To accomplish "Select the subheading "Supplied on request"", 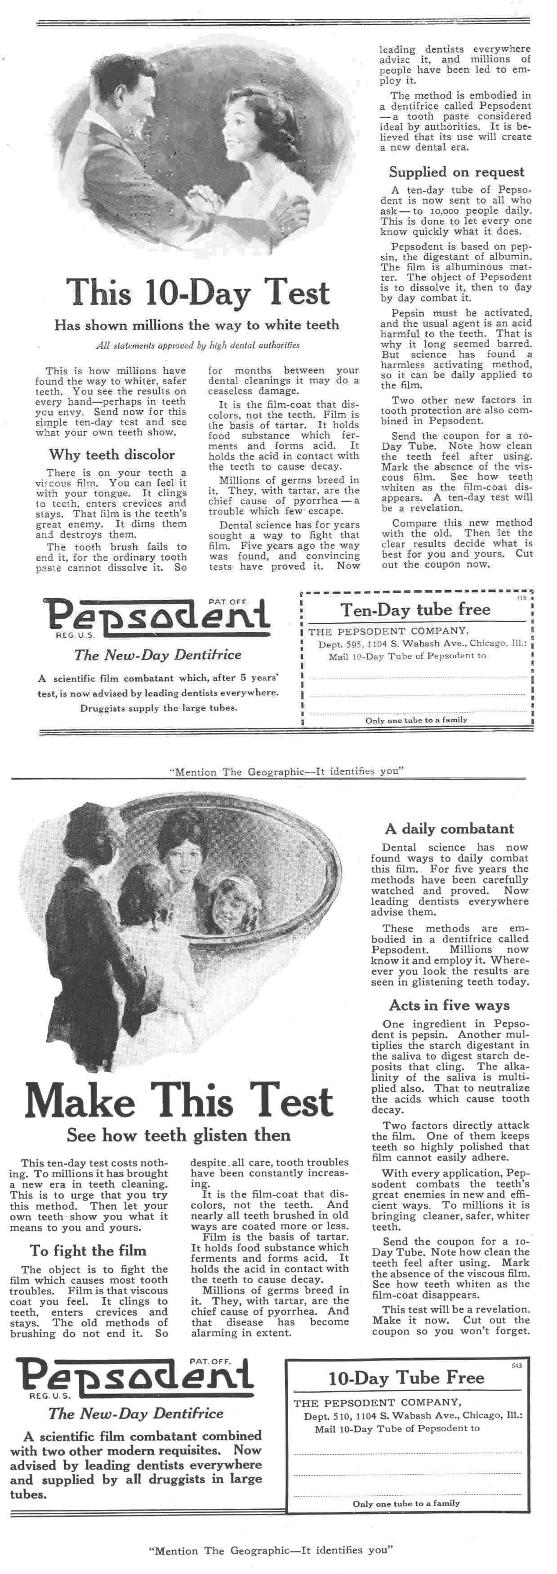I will [457, 172].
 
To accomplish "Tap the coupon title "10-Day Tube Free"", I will [406, 1378].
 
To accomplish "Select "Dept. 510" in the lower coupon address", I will [323, 1414].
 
